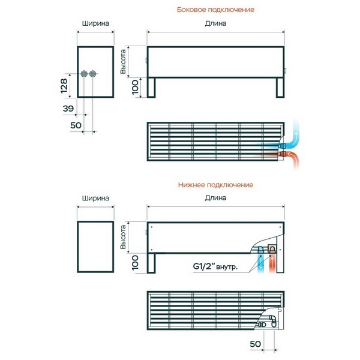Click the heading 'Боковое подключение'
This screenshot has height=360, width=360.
[x=215, y=10]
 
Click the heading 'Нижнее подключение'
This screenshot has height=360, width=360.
[x=215, y=185]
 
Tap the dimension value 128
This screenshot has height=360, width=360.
[x=64, y=86]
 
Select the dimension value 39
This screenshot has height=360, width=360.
[x=68, y=109]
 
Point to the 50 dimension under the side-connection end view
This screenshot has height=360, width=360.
[x=76, y=125]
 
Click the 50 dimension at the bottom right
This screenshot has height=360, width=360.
[x=256, y=344]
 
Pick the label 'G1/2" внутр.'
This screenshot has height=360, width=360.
[x=215, y=266]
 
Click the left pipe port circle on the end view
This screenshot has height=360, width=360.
[x=84, y=74]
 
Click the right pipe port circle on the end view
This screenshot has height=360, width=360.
[x=92, y=74]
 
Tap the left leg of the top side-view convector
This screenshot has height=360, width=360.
[x=151, y=88]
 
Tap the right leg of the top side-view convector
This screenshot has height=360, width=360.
[x=280, y=88]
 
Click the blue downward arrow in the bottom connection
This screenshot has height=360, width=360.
[x=261, y=263]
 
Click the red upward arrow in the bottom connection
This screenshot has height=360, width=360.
[x=272, y=263]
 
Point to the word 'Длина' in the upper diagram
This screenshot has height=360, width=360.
[x=215, y=23]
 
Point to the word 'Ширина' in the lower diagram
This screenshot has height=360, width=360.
[x=95, y=198]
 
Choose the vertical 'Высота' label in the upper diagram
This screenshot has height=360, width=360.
[x=123, y=62]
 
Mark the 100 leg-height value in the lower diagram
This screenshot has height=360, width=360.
[x=135, y=262]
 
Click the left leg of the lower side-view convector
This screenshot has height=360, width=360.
[x=151, y=263]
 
